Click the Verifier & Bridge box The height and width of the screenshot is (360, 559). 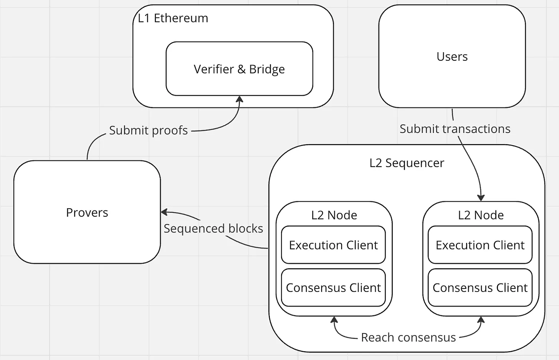tap(239, 69)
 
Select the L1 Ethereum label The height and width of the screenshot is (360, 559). tap(173, 18)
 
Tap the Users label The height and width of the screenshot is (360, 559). tap(452, 56)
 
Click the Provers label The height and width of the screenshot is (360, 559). tap(87, 212)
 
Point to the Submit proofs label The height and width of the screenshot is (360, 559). tap(148, 130)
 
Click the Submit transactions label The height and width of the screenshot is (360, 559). tap(455, 129)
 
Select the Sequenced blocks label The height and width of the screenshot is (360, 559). tap(213, 229)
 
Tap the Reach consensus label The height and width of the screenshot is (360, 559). tap(408, 337)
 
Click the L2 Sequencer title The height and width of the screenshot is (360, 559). tap(407, 163)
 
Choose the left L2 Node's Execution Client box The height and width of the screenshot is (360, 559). tap(333, 245)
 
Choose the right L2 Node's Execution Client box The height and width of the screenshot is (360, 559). tap(480, 245)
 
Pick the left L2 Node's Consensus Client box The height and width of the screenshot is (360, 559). tap(333, 287)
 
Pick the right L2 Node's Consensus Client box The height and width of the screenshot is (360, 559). tap(480, 287)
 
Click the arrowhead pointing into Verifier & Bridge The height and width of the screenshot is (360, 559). tap(240, 100)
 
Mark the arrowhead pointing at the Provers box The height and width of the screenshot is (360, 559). tap(164, 212)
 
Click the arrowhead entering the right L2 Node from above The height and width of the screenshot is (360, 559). tap(481, 197)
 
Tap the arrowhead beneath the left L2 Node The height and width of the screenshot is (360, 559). tap(334, 320)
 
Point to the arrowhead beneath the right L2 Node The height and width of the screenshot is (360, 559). tap(481, 320)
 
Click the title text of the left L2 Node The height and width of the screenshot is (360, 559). tap(334, 215)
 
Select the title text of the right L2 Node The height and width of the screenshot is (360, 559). tap(481, 215)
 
